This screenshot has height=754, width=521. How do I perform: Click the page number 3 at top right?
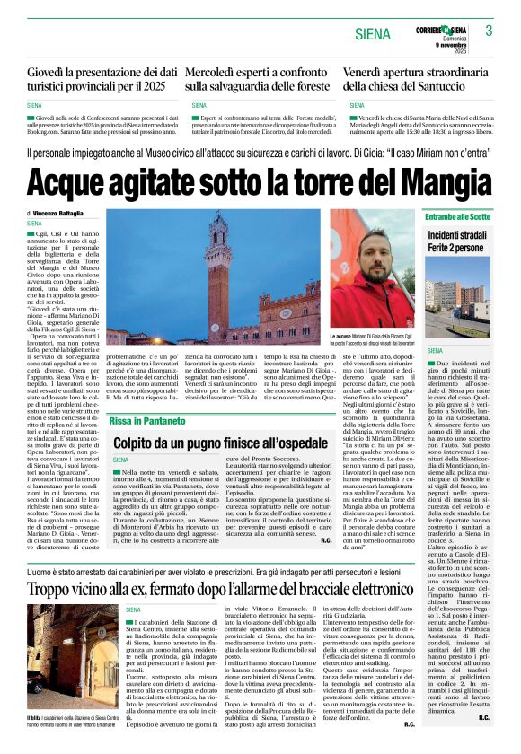(x=489, y=31)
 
